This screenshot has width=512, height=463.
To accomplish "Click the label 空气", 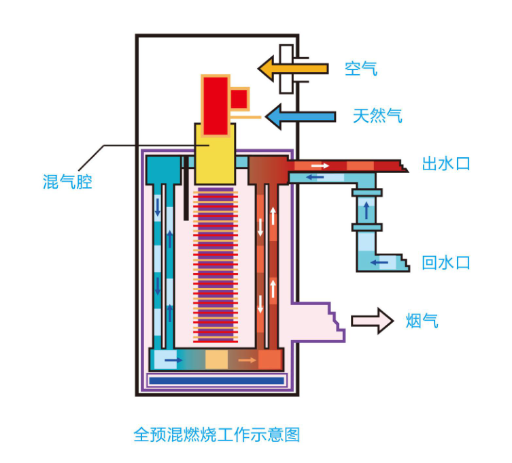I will tap(360, 68).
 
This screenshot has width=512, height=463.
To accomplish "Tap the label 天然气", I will tap(377, 116).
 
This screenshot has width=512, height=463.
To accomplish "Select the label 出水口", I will tap(446, 164).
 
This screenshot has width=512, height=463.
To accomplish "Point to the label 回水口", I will tap(446, 263).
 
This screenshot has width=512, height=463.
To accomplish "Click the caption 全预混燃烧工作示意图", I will tap(217, 434).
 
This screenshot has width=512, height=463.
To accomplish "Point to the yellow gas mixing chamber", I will tap(215, 153).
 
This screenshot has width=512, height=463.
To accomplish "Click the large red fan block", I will tap(216, 97).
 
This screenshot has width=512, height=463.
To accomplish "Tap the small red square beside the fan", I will tap(239, 99).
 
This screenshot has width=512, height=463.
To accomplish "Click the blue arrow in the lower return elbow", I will tap(378, 261).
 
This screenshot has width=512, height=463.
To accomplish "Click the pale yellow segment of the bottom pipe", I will tap(216, 360).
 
